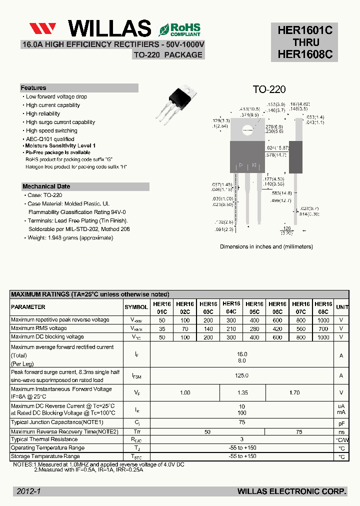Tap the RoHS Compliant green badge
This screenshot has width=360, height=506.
pos(179,29)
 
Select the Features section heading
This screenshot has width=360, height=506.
pos(33,88)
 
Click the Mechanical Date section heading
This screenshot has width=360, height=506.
pos(46,186)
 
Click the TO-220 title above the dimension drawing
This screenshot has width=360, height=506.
pos(269,89)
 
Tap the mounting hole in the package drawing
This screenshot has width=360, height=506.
pos(247,131)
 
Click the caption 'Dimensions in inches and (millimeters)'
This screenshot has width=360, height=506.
pos(266,246)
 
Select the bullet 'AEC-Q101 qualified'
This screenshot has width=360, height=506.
pos(50,139)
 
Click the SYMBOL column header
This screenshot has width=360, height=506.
pos(136,307)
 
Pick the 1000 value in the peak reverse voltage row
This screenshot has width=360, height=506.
pos(323,320)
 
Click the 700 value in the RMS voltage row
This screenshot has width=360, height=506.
pos(323,328)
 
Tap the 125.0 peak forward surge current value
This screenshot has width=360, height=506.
pos(242,375)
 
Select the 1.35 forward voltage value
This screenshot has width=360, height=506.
pos(242,393)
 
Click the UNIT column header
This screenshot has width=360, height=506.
pos(342,307)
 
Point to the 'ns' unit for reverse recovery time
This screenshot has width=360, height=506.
pos(341,431)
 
